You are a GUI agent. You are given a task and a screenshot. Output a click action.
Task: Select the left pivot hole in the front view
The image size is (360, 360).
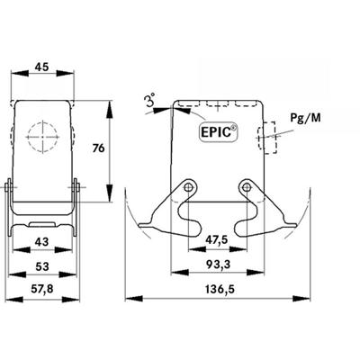tap(188, 186)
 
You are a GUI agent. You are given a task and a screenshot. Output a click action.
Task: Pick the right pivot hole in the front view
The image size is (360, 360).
tap(246, 186)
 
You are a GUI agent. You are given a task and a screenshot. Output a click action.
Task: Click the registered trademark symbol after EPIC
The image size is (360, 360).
tap(234, 127)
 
